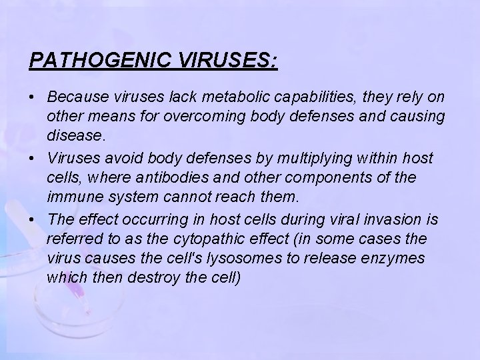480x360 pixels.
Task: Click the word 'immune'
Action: [72, 199]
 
